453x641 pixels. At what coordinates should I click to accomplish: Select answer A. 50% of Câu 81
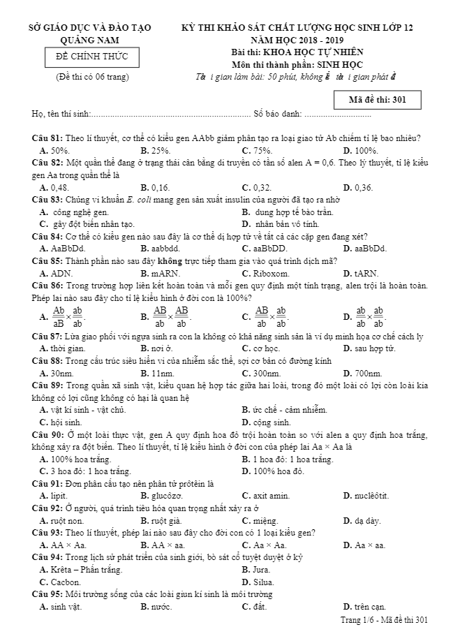pyautogui.click(x=54, y=150)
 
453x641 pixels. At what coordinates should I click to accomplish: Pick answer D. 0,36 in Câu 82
pyautogui.click(x=358, y=187)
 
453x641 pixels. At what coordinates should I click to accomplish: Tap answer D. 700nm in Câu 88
pyautogui.click(x=362, y=373)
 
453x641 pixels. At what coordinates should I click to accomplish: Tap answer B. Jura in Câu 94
pyautogui.click(x=253, y=569)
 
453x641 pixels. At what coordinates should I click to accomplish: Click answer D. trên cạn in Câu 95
pyautogui.click(x=364, y=606)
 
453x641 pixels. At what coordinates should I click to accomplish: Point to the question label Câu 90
pyautogui.click(x=48, y=434)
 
